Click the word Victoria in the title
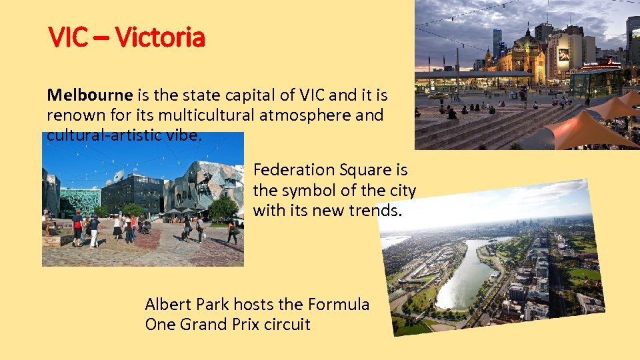click(159, 37)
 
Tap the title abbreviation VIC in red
click(68, 37)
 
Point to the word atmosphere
click(313, 115)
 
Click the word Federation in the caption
click(294, 170)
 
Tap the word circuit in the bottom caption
click(289, 325)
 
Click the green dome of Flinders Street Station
click(528, 41)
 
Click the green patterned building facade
click(80, 201)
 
